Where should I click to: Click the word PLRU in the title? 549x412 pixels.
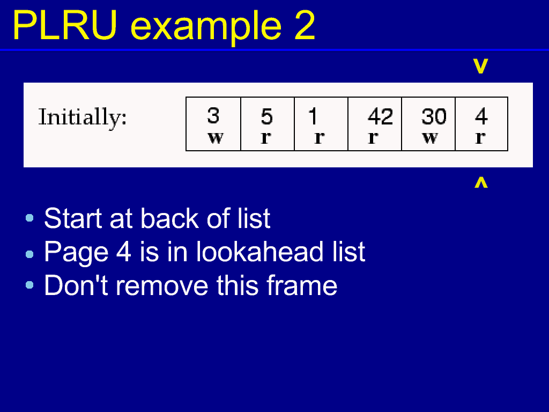(65, 26)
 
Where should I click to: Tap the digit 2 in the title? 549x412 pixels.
(305, 26)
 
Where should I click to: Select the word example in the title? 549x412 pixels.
(206, 28)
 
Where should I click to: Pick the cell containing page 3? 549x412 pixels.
(213, 124)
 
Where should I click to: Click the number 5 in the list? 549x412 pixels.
(267, 116)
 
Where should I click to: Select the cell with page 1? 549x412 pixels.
(321, 124)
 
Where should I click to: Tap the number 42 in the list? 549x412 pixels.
(380, 116)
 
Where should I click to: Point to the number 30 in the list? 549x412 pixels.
(434, 116)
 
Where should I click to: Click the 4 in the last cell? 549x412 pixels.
(481, 116)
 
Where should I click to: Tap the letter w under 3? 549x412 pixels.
(216, 138)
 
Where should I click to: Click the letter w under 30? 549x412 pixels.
(430, 138)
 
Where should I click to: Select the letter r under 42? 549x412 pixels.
(373, 138)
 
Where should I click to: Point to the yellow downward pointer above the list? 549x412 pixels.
(480, 66)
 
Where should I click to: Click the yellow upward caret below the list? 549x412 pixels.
(481, 182)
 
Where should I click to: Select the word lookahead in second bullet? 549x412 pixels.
(259, 252)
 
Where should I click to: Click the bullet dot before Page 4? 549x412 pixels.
(29, 254)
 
